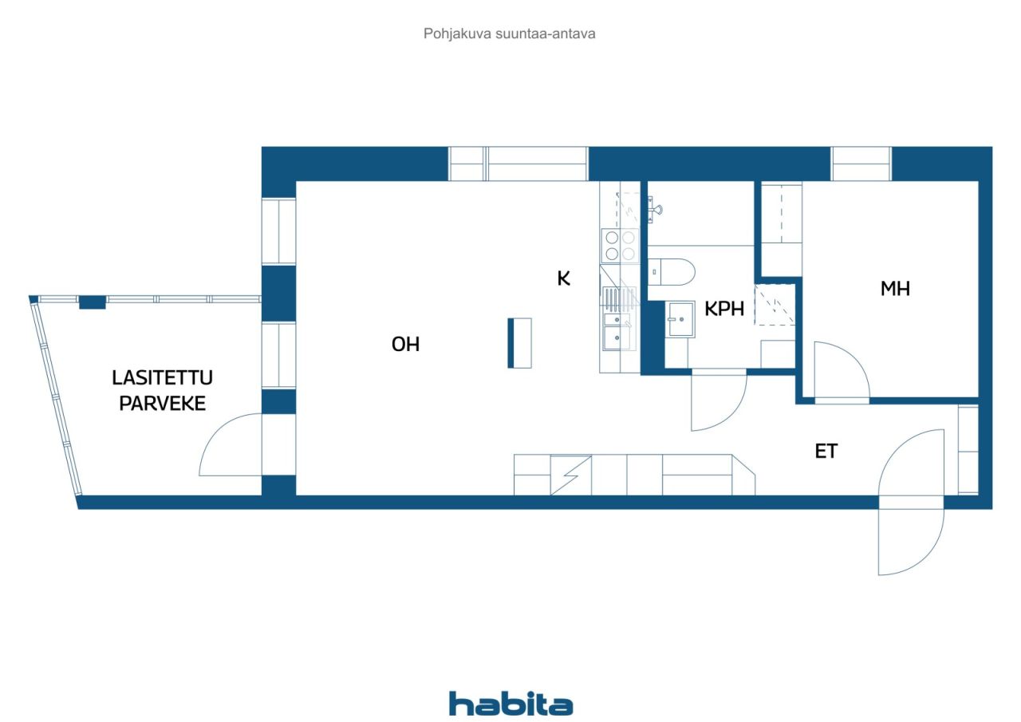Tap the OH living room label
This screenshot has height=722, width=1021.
[405, 344]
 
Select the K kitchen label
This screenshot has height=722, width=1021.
[563, 278]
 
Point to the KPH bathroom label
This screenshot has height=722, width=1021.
[723, 309]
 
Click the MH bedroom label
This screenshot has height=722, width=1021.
[895, 289]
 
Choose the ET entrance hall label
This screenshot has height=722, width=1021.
[826, 452]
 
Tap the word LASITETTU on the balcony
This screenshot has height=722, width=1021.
[162, 377]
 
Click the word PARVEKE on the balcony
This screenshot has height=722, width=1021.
[162, 404]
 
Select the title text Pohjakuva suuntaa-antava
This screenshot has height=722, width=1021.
[509, 34]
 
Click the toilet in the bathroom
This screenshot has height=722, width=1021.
[671, 272]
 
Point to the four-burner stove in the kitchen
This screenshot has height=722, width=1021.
[621, 246]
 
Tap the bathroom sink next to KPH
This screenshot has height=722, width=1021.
[680, 319]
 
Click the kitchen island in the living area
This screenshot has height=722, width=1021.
[519, 343]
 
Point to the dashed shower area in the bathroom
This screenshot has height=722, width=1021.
[775, 305]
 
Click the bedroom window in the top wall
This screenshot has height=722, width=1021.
[861, 164]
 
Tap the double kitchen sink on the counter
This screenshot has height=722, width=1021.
[617, 331]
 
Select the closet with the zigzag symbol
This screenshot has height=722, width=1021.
[570, 475]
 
